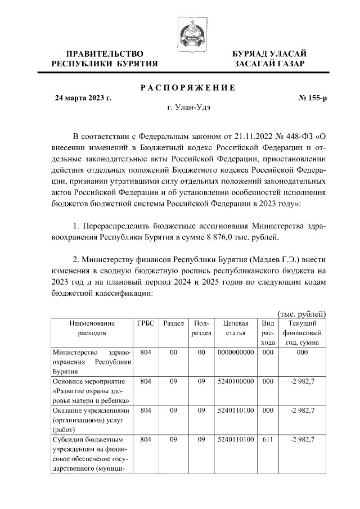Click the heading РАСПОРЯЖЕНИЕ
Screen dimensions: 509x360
point(187,87)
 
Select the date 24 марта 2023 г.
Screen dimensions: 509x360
point(83,98)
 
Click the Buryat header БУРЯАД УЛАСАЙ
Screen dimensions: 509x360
point(270,53)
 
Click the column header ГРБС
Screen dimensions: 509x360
point(146,323)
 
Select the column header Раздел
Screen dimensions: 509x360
point(173,323)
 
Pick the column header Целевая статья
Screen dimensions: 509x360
point(236,328)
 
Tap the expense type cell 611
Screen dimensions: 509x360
point(268,439)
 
